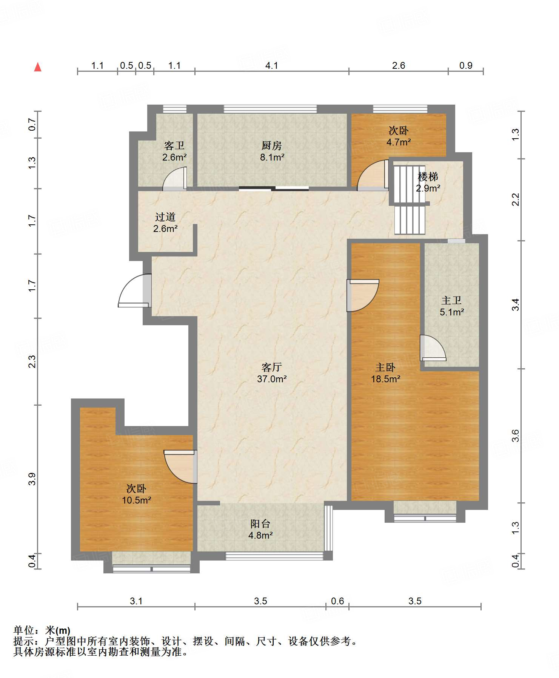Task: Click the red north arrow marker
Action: (x=38, y=67)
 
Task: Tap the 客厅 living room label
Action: (x=271, y=367)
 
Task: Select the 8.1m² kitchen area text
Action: (x=272, y=157)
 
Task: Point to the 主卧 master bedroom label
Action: (x=385, y=367)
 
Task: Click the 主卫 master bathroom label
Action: (x=451, y=300)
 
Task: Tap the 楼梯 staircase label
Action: (x=428, y=176)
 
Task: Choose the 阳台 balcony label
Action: (x=260, y=524)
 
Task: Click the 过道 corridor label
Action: (x=165, y=217)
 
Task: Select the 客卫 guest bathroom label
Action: (x=174, y=145)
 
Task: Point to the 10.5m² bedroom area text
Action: (x=136, y=500)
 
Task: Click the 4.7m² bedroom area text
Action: (x=399, y=142)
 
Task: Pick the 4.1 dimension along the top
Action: (x=271, y=65)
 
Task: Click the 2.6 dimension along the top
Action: (x=399, y=65)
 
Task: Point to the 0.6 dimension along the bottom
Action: (x=337, y=601)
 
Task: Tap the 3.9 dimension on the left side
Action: (x=32, y=479)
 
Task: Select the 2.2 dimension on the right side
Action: (x=516, y=199)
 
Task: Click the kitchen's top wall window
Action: (x=270, y=109)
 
